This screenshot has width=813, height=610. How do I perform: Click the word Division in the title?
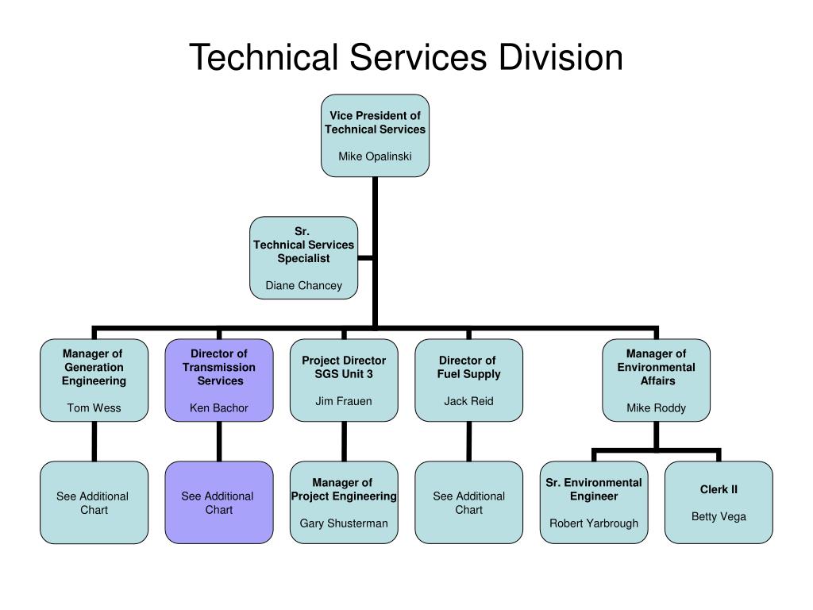561,59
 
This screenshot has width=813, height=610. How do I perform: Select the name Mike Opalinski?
375,156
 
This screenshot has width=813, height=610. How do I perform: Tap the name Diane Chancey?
303,285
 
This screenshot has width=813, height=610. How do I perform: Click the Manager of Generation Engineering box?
94,380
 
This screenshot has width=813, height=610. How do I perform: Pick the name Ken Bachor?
219,408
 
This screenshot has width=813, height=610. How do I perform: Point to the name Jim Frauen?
343,401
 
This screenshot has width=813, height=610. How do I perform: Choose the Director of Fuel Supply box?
468,380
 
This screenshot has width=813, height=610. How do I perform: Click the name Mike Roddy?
656,408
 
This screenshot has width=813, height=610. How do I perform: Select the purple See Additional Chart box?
219,502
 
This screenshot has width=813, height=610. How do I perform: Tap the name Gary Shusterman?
344,523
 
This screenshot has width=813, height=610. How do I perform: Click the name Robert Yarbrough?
594,523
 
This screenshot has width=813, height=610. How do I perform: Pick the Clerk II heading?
719,489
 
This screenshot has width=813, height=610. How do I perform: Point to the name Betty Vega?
719,516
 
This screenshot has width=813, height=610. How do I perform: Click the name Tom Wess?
94,408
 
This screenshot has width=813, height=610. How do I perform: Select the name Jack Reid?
468,401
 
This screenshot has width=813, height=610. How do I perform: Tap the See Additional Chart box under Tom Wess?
94,502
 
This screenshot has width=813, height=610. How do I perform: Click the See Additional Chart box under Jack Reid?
468,502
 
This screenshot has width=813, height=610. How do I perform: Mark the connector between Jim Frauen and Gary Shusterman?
344,441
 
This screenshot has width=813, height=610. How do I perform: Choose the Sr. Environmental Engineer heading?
594,489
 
